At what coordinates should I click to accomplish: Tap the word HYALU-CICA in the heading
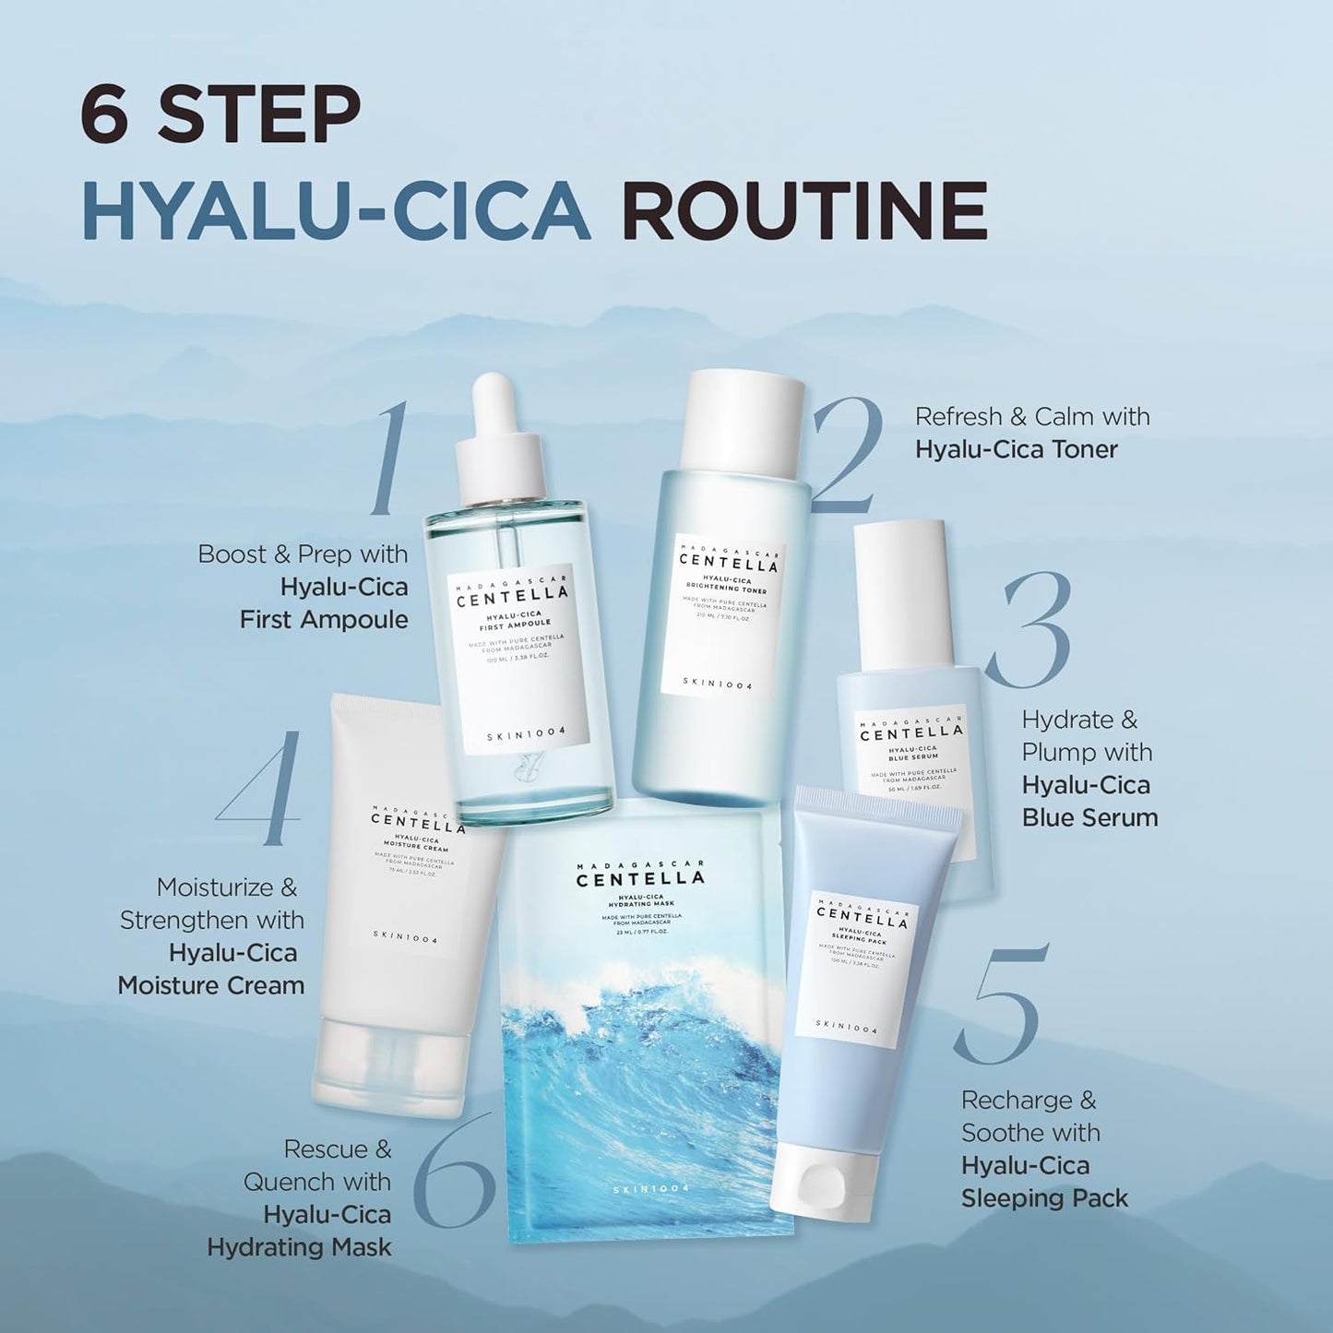coord(336,210)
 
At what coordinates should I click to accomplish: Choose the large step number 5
coord(1001,1006)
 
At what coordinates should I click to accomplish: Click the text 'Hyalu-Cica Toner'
coord(1016,449)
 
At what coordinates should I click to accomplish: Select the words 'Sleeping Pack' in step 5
coord(1044,1198)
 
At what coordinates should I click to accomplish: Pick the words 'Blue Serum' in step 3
coord(1089,817)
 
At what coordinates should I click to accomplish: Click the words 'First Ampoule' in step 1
coord(324,619)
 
